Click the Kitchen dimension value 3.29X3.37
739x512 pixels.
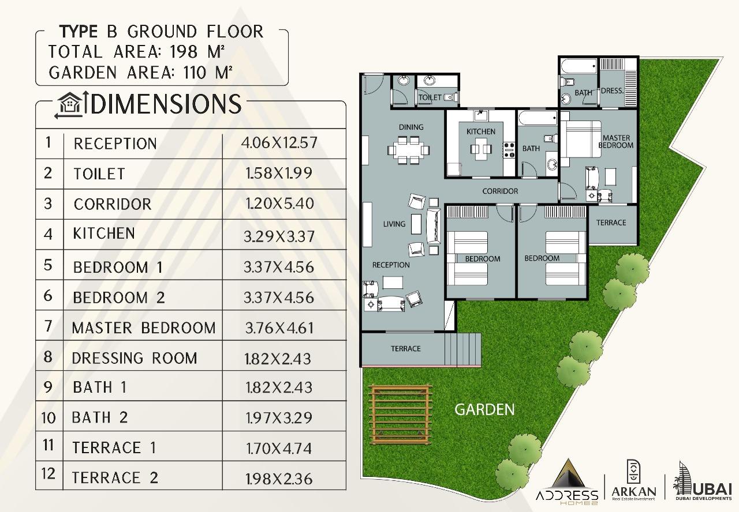click(279, 236)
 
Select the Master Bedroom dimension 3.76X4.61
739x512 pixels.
click(279, 328)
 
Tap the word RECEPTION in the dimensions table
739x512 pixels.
click(115, 144)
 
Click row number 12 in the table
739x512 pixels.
click(48, 473)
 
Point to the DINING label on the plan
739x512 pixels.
click(411, 127)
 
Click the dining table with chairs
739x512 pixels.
click(408, 150)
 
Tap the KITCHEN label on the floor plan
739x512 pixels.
click(481, 131)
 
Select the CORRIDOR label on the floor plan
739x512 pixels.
click(500, 191)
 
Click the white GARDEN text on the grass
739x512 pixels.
click(484, 409)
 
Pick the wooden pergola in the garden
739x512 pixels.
click(400, 415)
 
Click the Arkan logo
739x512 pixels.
click(634, 481)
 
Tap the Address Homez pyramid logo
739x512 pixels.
click(567, 481)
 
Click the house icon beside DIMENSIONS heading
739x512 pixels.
click(70, 105)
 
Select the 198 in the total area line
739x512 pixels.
click(184, 52)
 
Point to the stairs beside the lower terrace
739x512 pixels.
click(462, 349)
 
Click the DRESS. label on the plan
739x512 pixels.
click(613, 91)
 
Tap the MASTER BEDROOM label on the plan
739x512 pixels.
click(616, 142)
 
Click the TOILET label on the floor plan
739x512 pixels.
click(430, 97)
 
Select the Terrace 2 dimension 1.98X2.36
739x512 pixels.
click(279, 479)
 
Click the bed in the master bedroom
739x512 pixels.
click(581, 139)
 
